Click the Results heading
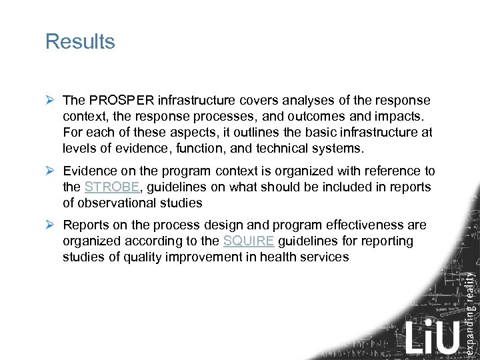[80, 41]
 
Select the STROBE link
[112, 187]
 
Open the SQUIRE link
[249, 241]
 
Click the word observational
[115, 203]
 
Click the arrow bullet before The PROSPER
[50, 101]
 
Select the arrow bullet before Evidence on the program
[50, 171]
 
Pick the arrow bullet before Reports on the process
[50, 225]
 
